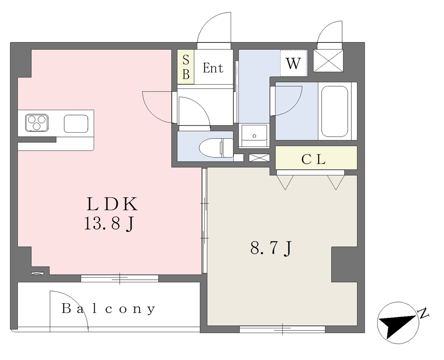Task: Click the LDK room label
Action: click(112, 204)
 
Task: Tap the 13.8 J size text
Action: click(109, 224)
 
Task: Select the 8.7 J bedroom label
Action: click(271, 249)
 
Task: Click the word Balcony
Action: click(108, 308)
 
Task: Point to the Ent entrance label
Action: click(213, 68)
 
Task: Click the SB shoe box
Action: click(186, 67)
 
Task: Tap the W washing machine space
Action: click(294, 63)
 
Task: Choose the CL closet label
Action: click(313, 160)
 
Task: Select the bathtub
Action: click(334, 111)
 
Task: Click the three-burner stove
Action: click(36, 123)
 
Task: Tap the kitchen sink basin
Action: click(76, 124)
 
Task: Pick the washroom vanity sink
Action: click(254, 135)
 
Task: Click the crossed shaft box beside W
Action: click(328, 61)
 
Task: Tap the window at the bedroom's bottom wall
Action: click(282, 329)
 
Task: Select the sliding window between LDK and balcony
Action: click(120, 278)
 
